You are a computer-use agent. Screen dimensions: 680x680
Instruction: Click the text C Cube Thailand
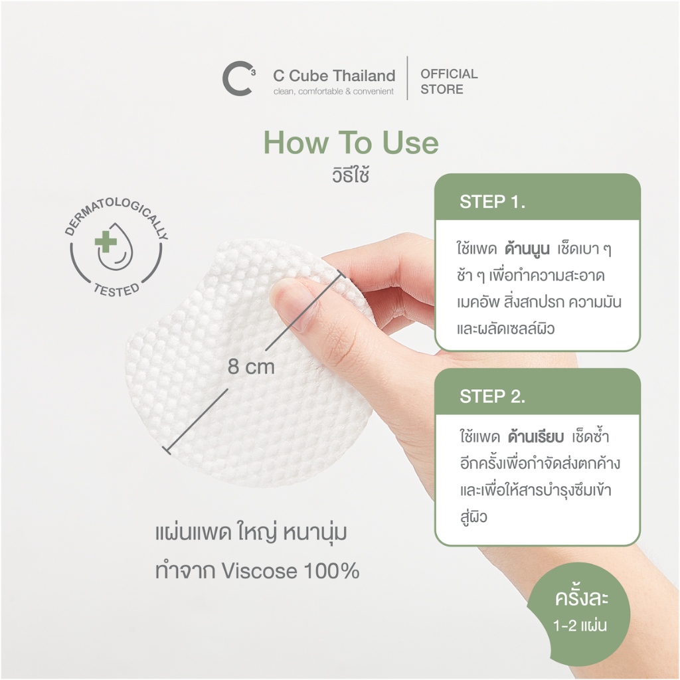click(x=334, y=76)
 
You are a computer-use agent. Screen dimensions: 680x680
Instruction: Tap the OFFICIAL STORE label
click(x=449, y=82)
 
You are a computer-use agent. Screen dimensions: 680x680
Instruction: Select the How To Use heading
click(x=351, y=142)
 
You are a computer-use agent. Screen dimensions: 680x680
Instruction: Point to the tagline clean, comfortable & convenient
click(x=333, y=91)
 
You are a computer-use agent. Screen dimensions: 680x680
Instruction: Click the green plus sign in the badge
click(x=106, y=242)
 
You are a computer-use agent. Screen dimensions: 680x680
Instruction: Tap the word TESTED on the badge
click(x=117, y=290)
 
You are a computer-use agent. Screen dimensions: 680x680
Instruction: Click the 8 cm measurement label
click(x=251, y=367)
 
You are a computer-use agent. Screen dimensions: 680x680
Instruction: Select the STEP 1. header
click(x=492, y=202)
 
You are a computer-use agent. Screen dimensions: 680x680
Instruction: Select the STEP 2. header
click(x=492, y=396)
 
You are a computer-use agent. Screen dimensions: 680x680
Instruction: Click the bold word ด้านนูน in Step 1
click(x=527, y=248)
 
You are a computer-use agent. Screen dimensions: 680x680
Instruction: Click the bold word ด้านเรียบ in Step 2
click(x=536, y=436)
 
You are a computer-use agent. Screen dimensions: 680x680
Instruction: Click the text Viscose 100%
click(x=291, y=570)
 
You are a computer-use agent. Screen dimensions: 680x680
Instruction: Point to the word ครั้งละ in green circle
click(x=582, y=597)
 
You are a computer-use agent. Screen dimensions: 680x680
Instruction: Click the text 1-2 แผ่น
click(x=580, y=626)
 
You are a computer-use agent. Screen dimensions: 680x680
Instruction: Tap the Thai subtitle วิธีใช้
click(x=351, y=175)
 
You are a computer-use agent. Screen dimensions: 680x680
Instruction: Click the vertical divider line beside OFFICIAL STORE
click(x=407, y=78)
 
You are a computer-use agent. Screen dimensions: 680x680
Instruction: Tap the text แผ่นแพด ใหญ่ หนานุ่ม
click(x=251, y=533)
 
